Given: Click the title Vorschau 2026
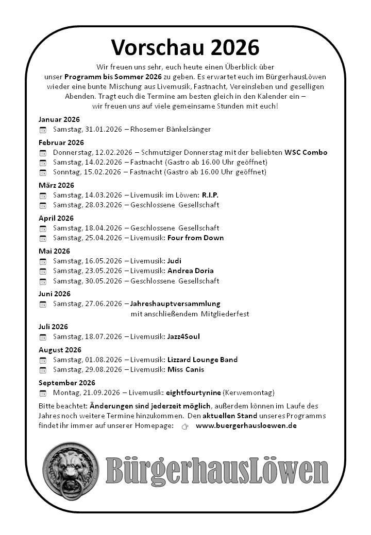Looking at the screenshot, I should click(185, 47).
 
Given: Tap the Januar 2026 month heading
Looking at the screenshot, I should click(59, 119).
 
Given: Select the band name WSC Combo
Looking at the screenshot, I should click(306, 152).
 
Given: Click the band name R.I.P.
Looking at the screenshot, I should click(210, 195).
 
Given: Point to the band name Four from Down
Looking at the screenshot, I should click(195, 238).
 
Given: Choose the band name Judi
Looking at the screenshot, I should click(174, 261).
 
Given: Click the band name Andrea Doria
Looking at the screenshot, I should click(190, 271).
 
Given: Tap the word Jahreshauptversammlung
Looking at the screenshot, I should click(175, 304).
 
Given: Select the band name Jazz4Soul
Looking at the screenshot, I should click(183, 336).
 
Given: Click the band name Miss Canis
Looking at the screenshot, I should click(185, 369).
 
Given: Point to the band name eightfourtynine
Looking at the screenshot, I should click(193, 393).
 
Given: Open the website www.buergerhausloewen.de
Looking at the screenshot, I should click(246, 426).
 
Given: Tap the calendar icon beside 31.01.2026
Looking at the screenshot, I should click(43, 130).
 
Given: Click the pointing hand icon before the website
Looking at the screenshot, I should click(185, 426).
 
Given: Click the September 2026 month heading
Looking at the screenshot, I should click(67, 383).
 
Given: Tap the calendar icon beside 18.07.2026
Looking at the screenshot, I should click(43, 337).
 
